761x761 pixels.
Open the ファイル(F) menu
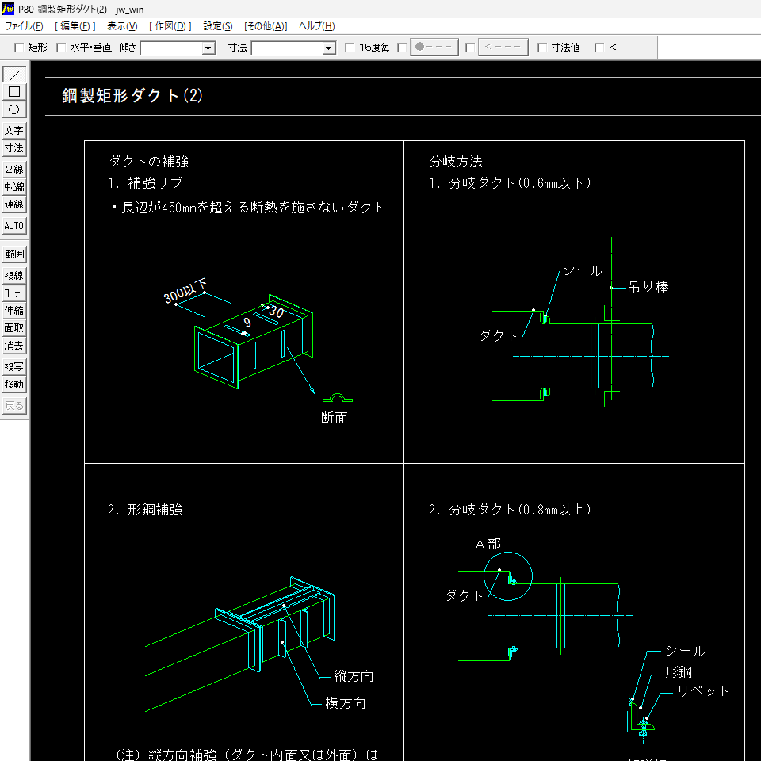(x=24, y=26)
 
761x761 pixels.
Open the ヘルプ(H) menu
(x=316, y=26)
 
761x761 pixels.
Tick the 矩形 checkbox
(x=20, y=48)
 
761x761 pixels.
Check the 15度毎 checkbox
(x=350, y=48)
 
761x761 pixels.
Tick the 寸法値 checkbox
(x=542, y=48)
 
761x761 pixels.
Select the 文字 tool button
(x=14, y=131)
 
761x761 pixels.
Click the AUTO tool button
(x=14, y=226)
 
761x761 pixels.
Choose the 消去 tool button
(x=14, y=346)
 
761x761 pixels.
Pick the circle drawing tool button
(x=14, y=109)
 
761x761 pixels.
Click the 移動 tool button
(x=14, y=384)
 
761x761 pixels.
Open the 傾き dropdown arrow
(x=208, y=48)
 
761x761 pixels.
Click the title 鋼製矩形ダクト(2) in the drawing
(x=132, y=96)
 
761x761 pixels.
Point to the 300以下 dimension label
(x=185, y=291)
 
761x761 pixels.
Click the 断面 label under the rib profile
(x=334, y=418)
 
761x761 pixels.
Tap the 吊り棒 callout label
(x=648, y=287)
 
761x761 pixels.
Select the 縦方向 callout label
(x=354, y=676)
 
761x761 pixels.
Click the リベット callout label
(x=702, y=691)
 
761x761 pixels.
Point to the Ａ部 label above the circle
(x=488, y=544)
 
